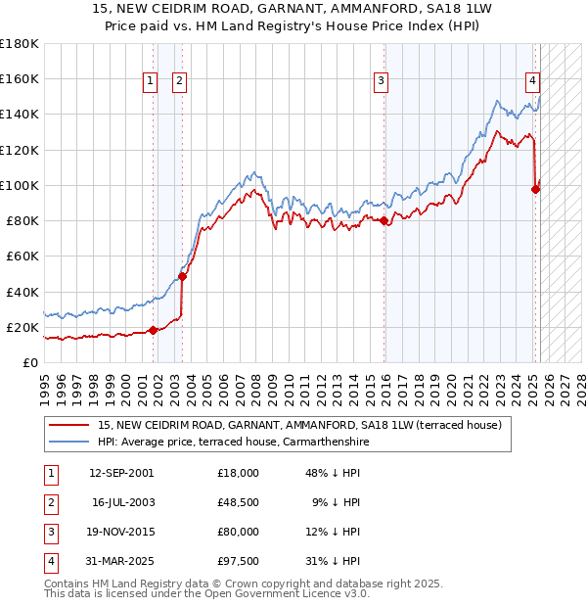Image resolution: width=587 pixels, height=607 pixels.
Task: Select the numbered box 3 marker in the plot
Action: [381, 82]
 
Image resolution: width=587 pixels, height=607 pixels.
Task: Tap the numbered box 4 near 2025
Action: [532, 82]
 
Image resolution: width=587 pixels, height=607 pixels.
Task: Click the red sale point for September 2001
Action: [153, 330]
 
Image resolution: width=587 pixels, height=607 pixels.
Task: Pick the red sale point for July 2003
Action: [182, 276]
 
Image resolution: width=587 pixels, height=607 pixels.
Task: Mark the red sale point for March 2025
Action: [535, 189]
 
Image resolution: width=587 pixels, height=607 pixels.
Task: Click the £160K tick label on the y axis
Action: [19, 79]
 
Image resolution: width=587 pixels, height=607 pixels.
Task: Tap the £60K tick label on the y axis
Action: [22, 257]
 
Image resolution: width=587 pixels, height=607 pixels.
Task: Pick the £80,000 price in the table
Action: [239, 532]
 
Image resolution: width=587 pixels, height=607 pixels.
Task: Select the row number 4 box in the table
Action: [50, 561]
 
